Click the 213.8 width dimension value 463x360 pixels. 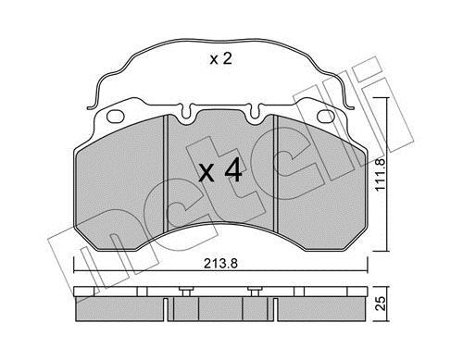(220, 264)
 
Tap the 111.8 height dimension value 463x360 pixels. (381, 175)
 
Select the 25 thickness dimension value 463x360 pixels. (382, 304)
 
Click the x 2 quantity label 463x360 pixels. (220, 59)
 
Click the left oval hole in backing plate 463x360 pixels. (116, 116)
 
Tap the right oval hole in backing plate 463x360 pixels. (326, 117)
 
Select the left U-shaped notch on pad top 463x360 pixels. (185, 112)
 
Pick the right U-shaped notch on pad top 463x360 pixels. (255, 112)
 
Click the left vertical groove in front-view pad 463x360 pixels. (165, 173)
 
